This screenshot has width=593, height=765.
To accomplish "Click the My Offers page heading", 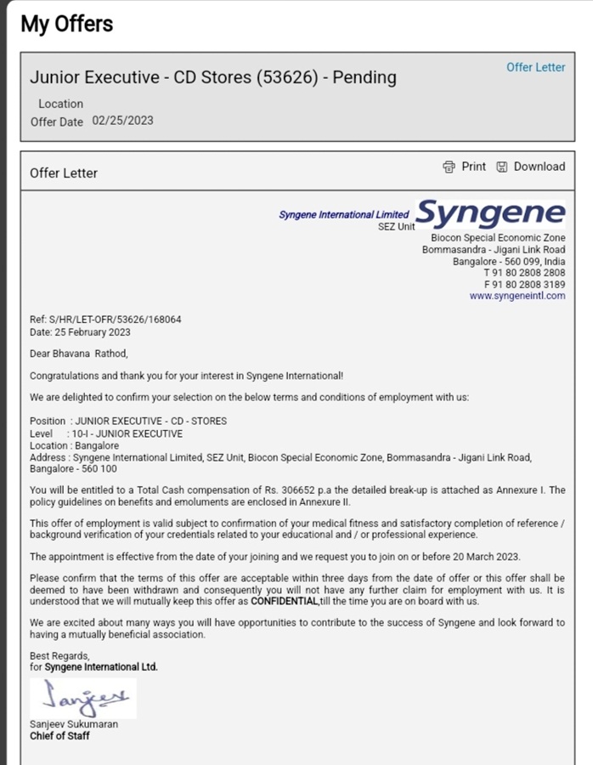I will (67, 24).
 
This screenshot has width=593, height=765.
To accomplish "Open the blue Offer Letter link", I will (535, 67).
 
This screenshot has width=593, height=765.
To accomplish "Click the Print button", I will (465, 167).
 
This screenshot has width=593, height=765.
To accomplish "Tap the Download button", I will (531, 167).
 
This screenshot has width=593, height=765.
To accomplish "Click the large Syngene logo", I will (490, 214).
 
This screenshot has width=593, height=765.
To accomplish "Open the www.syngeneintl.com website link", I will (517, 296).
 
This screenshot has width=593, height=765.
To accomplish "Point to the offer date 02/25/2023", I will (122, 121).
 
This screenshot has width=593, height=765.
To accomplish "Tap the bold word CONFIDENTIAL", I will (285, 602).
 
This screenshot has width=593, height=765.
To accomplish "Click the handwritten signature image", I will (82, 699).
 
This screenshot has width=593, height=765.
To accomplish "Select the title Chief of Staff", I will (59, 736).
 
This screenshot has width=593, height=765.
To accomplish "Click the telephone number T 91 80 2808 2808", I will (524, 273).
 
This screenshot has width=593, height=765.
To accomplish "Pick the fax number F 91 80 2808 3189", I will (524, 285).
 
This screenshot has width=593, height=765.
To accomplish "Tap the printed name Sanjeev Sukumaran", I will (74, 724).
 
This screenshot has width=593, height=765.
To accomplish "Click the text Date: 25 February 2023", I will (80, 331).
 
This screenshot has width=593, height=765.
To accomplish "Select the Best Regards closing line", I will (59, 655).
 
